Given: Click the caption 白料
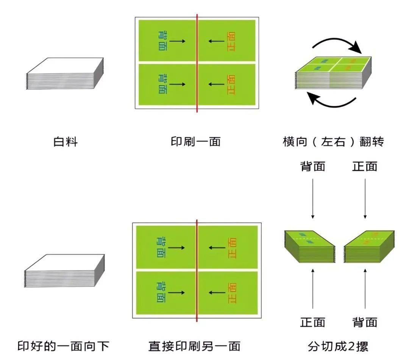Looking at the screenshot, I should click(66, 142).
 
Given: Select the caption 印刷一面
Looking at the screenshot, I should click(195, 142).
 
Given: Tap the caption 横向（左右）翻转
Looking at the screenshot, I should click(333, 142).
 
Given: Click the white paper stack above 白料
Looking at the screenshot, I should click(65, 74).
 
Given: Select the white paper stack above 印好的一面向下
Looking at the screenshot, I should click(64, 271).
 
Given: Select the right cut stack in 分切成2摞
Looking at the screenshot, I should click(369, 246).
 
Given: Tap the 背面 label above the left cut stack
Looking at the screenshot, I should click(313, 167).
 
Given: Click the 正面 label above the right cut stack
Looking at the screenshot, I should click(365, 167).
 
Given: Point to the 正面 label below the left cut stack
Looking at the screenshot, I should click(313, 322).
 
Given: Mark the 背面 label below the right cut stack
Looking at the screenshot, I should click(365, 322).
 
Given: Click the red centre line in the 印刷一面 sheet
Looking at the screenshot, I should click(197, 64).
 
